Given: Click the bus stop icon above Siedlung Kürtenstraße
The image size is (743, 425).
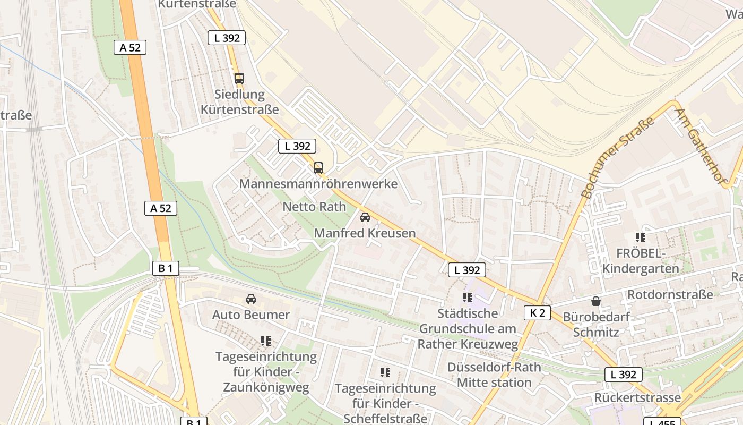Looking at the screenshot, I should pos(239,79).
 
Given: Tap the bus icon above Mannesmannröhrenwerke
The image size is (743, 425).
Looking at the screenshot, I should pos(318,168).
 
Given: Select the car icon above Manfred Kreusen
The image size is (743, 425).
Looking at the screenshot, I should pos(365,217).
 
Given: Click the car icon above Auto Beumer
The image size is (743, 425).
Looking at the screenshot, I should pos(251,299).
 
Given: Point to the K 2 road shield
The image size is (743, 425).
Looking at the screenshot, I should pos(537,313).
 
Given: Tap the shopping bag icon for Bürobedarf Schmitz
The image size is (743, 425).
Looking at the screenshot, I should pos(596,301).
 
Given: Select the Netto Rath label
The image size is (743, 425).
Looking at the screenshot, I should pos(314,207).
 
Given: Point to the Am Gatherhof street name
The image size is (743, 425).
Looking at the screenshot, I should pos(699,147).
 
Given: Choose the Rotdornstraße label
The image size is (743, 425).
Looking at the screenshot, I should pos(670,294).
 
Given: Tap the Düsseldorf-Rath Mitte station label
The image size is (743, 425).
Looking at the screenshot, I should pos(494,375).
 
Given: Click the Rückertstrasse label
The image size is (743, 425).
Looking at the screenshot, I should pos(637,397).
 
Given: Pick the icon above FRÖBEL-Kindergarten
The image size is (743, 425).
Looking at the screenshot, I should pos(640,237).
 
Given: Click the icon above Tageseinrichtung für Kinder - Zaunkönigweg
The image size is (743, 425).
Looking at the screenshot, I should pos(266,341).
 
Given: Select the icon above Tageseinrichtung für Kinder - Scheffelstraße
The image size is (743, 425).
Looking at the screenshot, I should pos(385,372).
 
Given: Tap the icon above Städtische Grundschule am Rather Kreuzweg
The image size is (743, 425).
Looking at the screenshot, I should pos(467,297).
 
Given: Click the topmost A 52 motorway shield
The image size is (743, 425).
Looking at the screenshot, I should pos(130,47).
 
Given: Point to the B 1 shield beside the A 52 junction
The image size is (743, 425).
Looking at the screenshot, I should pos(166,268).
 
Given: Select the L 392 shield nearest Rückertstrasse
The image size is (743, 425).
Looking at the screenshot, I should pos(624,375).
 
